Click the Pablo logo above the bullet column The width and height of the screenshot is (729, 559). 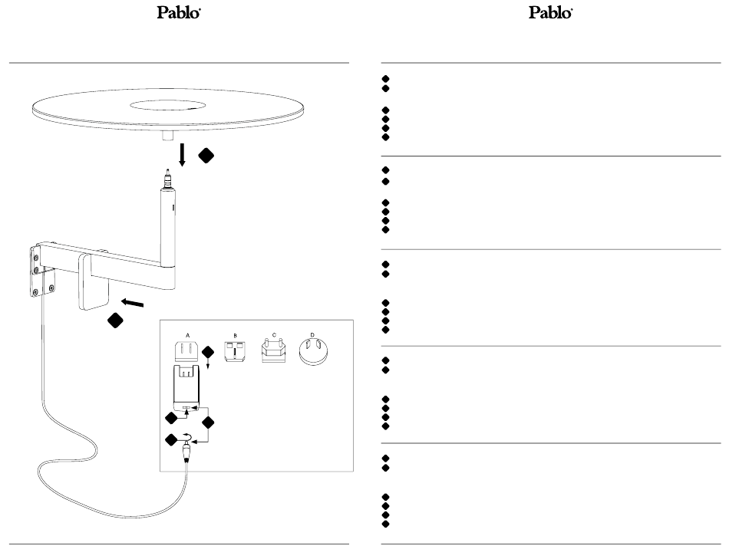(550, 13)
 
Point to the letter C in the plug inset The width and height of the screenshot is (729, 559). (273, 336)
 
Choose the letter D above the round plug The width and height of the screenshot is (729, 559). (312, 336)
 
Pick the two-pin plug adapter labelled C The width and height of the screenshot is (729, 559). (273, 353)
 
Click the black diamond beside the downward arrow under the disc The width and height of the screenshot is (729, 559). (206, 155)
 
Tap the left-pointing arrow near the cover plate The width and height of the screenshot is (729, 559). (132, 305)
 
